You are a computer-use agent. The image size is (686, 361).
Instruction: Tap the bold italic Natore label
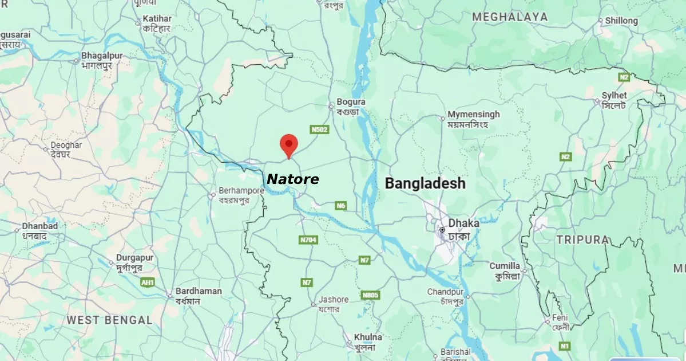pyautogui.click(x=293, y=179)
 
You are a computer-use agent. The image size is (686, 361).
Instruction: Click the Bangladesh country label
pyautogui.click(x=425, y=183)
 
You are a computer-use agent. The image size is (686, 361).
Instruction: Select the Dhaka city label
pyautogui.click(x=463, y=223)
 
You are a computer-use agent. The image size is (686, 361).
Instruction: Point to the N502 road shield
pyautogui.click(x=319, y=130)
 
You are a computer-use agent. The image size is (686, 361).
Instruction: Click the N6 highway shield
pyautogui.click(x=341, y=206)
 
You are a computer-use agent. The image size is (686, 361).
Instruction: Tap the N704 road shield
pyautogui.click(x=308, y=240)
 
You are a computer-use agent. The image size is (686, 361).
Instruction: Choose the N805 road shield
pyautogui.click(x=371, y=295)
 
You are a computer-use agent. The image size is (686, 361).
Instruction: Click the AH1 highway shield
pyautogui.click(x=148, y=282)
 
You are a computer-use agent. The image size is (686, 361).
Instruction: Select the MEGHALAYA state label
pyautogui.click(x=510, y=17)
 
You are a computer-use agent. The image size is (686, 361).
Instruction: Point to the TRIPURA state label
pyautogui.click(x=582, y=240)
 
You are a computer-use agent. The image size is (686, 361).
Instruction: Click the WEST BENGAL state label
pyautogui.click(x=110, y=320)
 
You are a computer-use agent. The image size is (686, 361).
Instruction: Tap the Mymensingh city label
pyautogui.click(x=473, y=115)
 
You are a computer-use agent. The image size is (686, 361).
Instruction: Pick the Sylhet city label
pyautogui.click(x=614, y=96)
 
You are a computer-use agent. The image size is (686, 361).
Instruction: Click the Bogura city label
pyautogui.click(x=351, y=103)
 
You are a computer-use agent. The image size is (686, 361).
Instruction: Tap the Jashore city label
pyautogui.click(x=334, y=300)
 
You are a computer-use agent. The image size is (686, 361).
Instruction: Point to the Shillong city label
pyautogui.click(x=621, y=21)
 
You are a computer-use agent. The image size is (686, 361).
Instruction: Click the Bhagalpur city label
pyautogui.click(x=104, y=56)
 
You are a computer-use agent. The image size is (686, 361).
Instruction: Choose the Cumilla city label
pyautogui.click(x=505, y=266)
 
